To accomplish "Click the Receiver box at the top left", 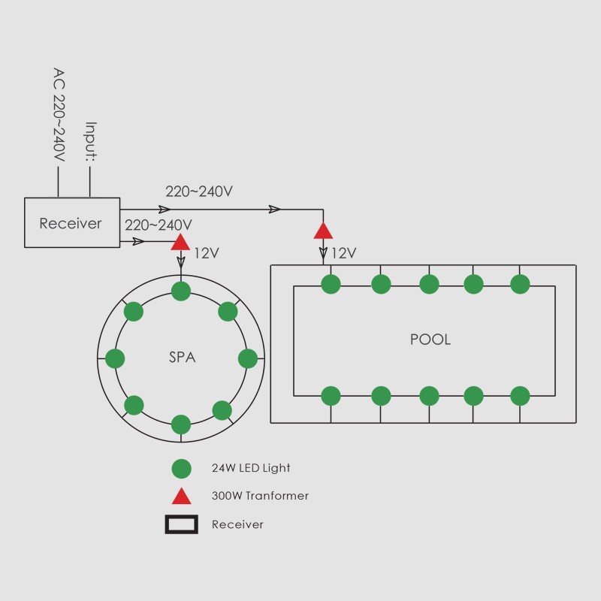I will tap(72, 222).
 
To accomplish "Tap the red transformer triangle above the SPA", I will tap(180, 242).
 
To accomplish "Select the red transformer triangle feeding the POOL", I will tap(323, 231).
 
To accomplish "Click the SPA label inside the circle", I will tap(182, 358).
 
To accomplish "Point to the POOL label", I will tap(430, 340).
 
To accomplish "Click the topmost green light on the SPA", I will tap(181, 291).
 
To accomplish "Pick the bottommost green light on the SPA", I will tap(181, 424).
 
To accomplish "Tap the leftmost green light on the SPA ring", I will tap(115, 358).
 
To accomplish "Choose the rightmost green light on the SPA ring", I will tap(248, 358).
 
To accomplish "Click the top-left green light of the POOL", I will tap(331, 284).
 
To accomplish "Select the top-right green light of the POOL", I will tap(520, 284).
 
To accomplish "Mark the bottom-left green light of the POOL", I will tap(331, 395).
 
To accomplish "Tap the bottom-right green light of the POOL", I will tap(520, 395).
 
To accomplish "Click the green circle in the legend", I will tap(181, 469).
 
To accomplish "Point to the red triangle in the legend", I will tap(181, 496).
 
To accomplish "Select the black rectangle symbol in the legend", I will tap(181, 524).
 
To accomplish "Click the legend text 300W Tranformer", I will tap(260, 496).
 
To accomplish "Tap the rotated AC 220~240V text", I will tap(59, 114).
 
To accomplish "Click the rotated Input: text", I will tap(91, 141).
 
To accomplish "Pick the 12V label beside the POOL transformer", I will tap(343, 253).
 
